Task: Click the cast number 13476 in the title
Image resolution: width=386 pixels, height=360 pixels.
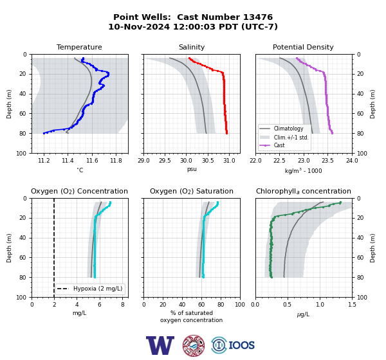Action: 258,17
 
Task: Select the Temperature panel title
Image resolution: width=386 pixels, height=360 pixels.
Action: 79,47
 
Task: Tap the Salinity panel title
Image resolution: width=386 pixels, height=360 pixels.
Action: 192,47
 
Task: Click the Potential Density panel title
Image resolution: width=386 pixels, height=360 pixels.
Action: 303,47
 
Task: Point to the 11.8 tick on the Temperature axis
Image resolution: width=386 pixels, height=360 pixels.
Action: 116,161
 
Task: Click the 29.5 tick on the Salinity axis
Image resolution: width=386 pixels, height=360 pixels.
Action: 165,161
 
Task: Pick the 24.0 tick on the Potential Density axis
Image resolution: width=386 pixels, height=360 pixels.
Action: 352,161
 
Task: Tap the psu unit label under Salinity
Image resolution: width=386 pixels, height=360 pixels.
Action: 192,169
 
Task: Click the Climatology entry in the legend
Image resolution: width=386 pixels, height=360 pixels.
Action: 288,129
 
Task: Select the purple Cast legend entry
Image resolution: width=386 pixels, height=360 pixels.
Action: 279,145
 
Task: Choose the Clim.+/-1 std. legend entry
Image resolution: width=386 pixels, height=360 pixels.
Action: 291,137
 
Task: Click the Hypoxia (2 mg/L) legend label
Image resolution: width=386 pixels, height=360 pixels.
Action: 98,289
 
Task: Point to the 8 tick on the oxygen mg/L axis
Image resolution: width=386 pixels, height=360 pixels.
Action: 123,305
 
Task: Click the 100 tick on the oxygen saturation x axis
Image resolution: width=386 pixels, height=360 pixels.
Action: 240,305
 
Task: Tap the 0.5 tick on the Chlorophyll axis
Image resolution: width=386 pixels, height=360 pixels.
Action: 287,305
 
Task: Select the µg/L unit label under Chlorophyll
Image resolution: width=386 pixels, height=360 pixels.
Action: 303,314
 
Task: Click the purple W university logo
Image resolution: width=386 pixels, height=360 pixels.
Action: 160,345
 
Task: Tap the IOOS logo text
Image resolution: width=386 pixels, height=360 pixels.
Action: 241,345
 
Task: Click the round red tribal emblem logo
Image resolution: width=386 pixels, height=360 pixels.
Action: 194,345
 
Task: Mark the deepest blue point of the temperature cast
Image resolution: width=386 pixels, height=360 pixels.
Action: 44,133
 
